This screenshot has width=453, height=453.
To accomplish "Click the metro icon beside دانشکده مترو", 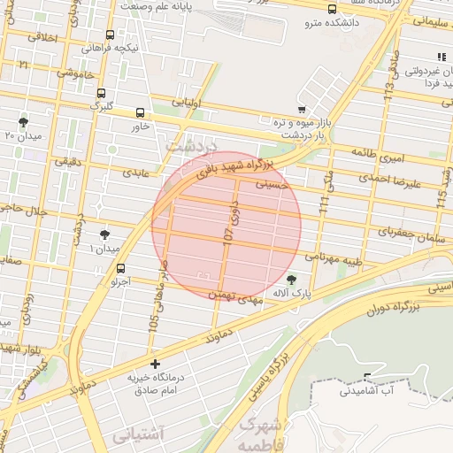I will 332,11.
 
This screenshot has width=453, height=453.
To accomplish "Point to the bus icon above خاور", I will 140,112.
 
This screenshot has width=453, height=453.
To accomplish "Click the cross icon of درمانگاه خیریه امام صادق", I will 156,364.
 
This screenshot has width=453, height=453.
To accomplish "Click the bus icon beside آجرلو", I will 121,268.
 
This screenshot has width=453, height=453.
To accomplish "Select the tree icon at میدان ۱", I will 105,235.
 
